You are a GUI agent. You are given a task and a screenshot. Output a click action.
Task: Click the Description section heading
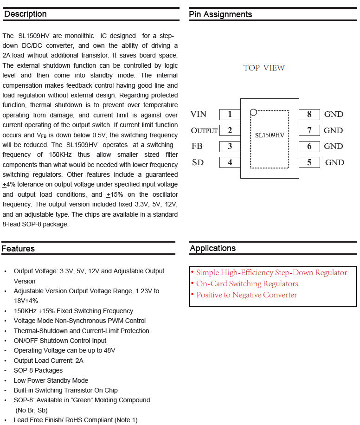coord(26,14)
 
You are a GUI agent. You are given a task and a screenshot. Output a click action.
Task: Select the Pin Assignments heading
coord(220,14)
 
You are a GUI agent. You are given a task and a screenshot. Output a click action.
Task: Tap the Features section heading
coord(18,249)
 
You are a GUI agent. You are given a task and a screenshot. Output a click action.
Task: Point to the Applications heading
coord(212,248)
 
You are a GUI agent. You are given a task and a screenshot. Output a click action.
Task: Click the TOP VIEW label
coord(264,68)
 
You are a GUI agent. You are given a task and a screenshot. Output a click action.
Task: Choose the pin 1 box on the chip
coord(230,114)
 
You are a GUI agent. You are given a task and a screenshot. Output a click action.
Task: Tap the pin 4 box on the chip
coord(230,162)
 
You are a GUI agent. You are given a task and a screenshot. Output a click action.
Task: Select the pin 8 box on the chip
coord(309,114)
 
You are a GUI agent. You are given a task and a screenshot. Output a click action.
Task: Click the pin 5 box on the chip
coord(309,162)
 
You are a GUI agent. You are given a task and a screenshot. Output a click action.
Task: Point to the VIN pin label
coord(199,114)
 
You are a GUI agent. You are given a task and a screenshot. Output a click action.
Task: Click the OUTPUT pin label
coord(204,130)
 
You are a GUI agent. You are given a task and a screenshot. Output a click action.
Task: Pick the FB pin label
coord(197,146)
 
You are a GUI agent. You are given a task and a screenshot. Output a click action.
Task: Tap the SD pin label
coord(198,162)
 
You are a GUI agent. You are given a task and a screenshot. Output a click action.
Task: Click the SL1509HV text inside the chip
coord(270,135)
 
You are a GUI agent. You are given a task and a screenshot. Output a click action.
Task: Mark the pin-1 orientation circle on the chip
coord(253,112)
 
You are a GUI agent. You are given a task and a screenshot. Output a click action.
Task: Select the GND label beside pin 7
coord(333,130)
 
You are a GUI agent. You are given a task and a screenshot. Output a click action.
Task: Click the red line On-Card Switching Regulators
coord(247,284)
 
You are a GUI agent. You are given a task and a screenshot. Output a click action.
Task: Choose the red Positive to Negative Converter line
coord(246,295)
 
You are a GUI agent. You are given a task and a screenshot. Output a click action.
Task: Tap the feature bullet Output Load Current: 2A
coord(49,361)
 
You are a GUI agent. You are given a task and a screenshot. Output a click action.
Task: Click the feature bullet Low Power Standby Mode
coord(51,380)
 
